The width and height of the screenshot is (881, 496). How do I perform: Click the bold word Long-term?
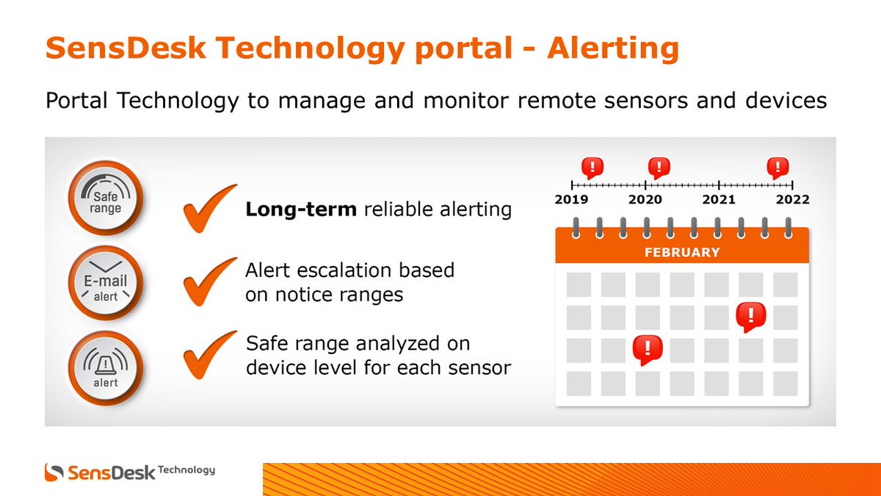tap(301, 209)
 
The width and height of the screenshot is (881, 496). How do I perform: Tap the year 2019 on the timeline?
tap(572, 200)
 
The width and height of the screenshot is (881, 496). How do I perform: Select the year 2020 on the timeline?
tap(645, 200)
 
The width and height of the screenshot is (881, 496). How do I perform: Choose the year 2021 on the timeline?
tap(719, 200)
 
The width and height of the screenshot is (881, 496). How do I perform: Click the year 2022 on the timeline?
tap(793, 200)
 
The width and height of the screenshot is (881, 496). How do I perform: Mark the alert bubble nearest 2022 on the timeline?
tap(777, 168)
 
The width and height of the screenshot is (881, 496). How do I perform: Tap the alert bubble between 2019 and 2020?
tap(592, 168)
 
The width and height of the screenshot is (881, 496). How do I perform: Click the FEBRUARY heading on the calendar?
tap(682, 252)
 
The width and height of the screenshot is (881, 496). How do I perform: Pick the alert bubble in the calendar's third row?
tap(648, 348)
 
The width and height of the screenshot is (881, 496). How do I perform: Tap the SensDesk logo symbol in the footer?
tap(54, 472)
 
